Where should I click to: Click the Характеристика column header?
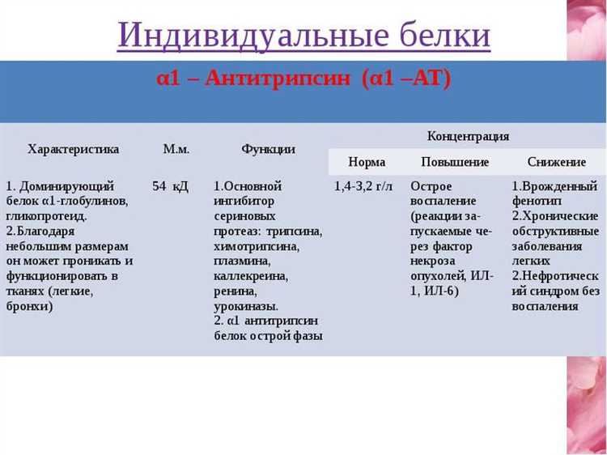[73, 149]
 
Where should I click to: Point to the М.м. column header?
[176, 149]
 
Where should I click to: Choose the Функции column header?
[268, 149]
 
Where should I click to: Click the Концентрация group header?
[468, 136]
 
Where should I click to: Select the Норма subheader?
[367, 162]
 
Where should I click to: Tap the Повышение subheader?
[455, 162]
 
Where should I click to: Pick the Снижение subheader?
[557, 162]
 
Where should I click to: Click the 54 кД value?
[170, 187]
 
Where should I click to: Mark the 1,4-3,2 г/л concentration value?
[363, 187]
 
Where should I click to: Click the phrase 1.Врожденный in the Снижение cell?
[554, 187]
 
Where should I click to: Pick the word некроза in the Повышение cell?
[435, 262]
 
